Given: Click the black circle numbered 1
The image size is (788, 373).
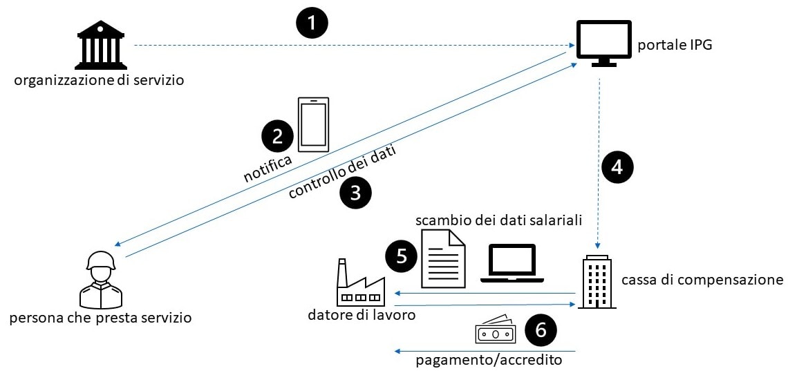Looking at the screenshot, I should point(312,23).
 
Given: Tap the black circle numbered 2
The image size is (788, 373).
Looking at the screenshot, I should point(277,136).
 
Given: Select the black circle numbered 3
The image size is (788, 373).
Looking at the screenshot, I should point(355,193).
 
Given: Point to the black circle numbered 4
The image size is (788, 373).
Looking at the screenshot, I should point(617,166).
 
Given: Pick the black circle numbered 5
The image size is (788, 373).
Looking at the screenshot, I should point(402,257).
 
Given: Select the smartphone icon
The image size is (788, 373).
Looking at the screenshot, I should point(313,124).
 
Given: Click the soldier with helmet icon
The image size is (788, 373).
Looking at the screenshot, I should point(101,279).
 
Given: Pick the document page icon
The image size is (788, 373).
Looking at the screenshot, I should point(443,258).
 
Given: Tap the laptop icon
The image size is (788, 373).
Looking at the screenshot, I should point(512,263).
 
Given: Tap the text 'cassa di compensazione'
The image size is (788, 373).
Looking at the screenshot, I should point(702,280).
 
